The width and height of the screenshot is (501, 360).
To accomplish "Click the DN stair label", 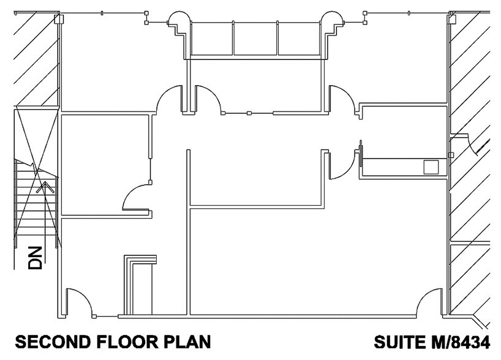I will click(x=36, y=258).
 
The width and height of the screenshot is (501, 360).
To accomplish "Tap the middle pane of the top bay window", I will click(x=255, y=38).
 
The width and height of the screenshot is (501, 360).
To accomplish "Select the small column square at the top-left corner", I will click(x=59, y=20).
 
